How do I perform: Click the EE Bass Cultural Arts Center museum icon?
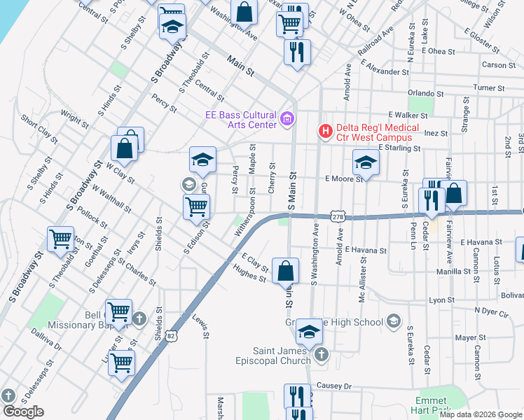(287, 119)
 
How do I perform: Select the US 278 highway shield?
(338, 217)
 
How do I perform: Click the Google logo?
(23, 412)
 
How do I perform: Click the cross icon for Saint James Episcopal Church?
(321, 355)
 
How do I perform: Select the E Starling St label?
(399, 148)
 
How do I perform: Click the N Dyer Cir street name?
(495, 310)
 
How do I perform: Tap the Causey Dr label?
(333, 386)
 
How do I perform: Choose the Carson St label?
(499, 65)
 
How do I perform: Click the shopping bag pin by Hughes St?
(286, 270)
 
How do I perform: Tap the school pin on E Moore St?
(365, 163)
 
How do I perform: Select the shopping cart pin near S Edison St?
(196, 206)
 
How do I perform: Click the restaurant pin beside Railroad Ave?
(297, 51)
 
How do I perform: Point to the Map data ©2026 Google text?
(481, 414)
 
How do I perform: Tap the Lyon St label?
(442, 300)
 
